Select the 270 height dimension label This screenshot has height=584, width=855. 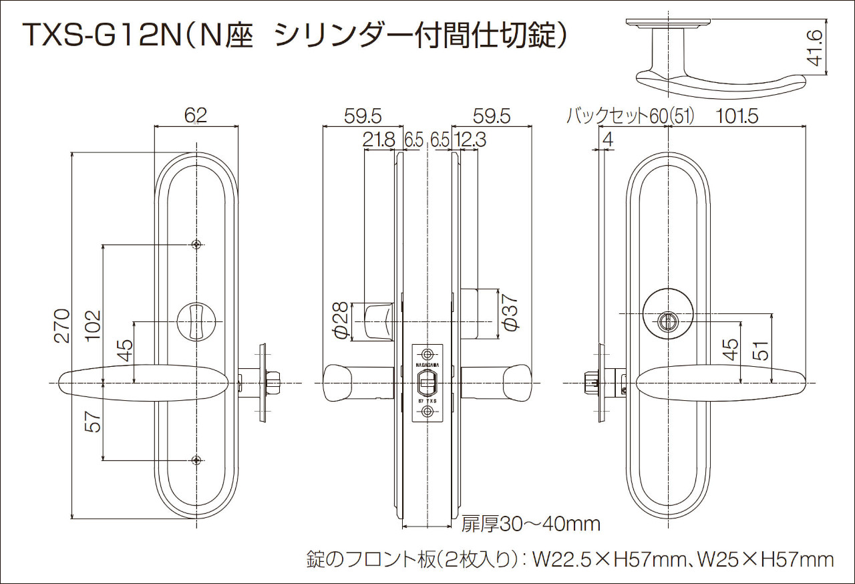pos(62,325)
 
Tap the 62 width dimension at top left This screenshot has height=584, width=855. pos(196,115)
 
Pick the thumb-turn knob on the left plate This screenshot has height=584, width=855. pos(196,321)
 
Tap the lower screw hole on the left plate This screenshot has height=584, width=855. pos(196,460)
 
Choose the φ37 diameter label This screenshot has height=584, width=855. pos(511,313)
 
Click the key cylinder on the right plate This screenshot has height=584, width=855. pos(666,322)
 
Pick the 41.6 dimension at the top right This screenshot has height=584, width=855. pos(814,47)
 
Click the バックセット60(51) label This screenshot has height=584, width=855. pos(630,116)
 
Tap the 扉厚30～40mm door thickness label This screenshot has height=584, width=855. pos(530,524)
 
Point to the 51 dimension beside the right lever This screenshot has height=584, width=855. pos(761,351)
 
